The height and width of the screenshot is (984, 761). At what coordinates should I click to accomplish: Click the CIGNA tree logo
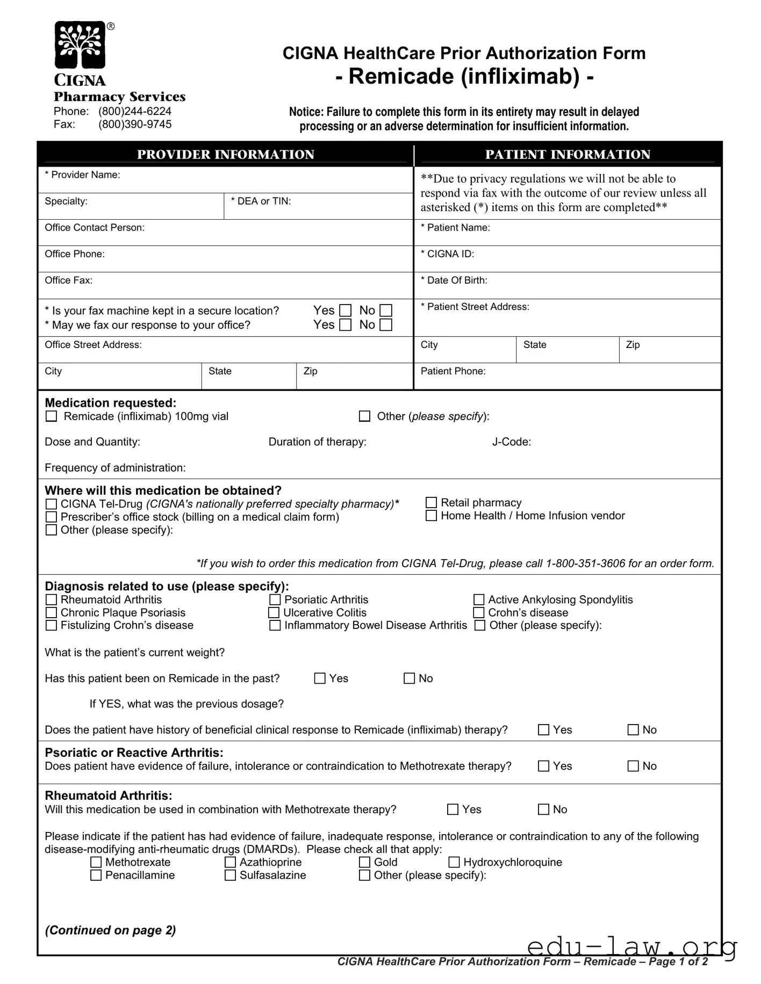80,45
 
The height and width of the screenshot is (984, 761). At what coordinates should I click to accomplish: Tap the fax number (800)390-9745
135,125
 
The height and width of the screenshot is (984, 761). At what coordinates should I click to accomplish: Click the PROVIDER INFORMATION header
225,155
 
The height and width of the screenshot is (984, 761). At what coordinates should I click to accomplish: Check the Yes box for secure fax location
346,311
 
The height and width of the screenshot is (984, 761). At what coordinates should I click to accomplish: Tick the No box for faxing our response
386,325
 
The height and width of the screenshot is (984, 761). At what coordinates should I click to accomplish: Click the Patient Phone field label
453,371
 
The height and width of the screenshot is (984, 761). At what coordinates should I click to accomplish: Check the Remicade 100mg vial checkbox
52,416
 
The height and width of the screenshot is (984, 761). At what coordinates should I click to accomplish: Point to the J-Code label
511,442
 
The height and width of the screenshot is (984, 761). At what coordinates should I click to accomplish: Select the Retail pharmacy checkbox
431,503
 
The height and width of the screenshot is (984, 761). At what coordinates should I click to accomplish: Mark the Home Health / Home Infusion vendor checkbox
431,516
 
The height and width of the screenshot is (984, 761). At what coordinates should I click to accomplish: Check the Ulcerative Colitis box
274,613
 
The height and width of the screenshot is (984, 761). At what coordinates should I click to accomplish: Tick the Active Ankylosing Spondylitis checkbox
478,600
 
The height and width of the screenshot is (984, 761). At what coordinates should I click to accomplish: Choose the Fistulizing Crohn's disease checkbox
52,626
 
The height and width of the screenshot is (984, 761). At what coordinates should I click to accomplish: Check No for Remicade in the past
409,678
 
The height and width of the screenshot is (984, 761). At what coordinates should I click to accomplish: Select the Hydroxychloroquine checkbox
454,863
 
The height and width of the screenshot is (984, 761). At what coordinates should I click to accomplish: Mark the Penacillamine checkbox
96,876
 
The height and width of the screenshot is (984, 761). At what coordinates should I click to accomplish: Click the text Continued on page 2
110,930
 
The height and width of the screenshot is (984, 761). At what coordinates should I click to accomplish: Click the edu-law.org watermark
632,946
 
